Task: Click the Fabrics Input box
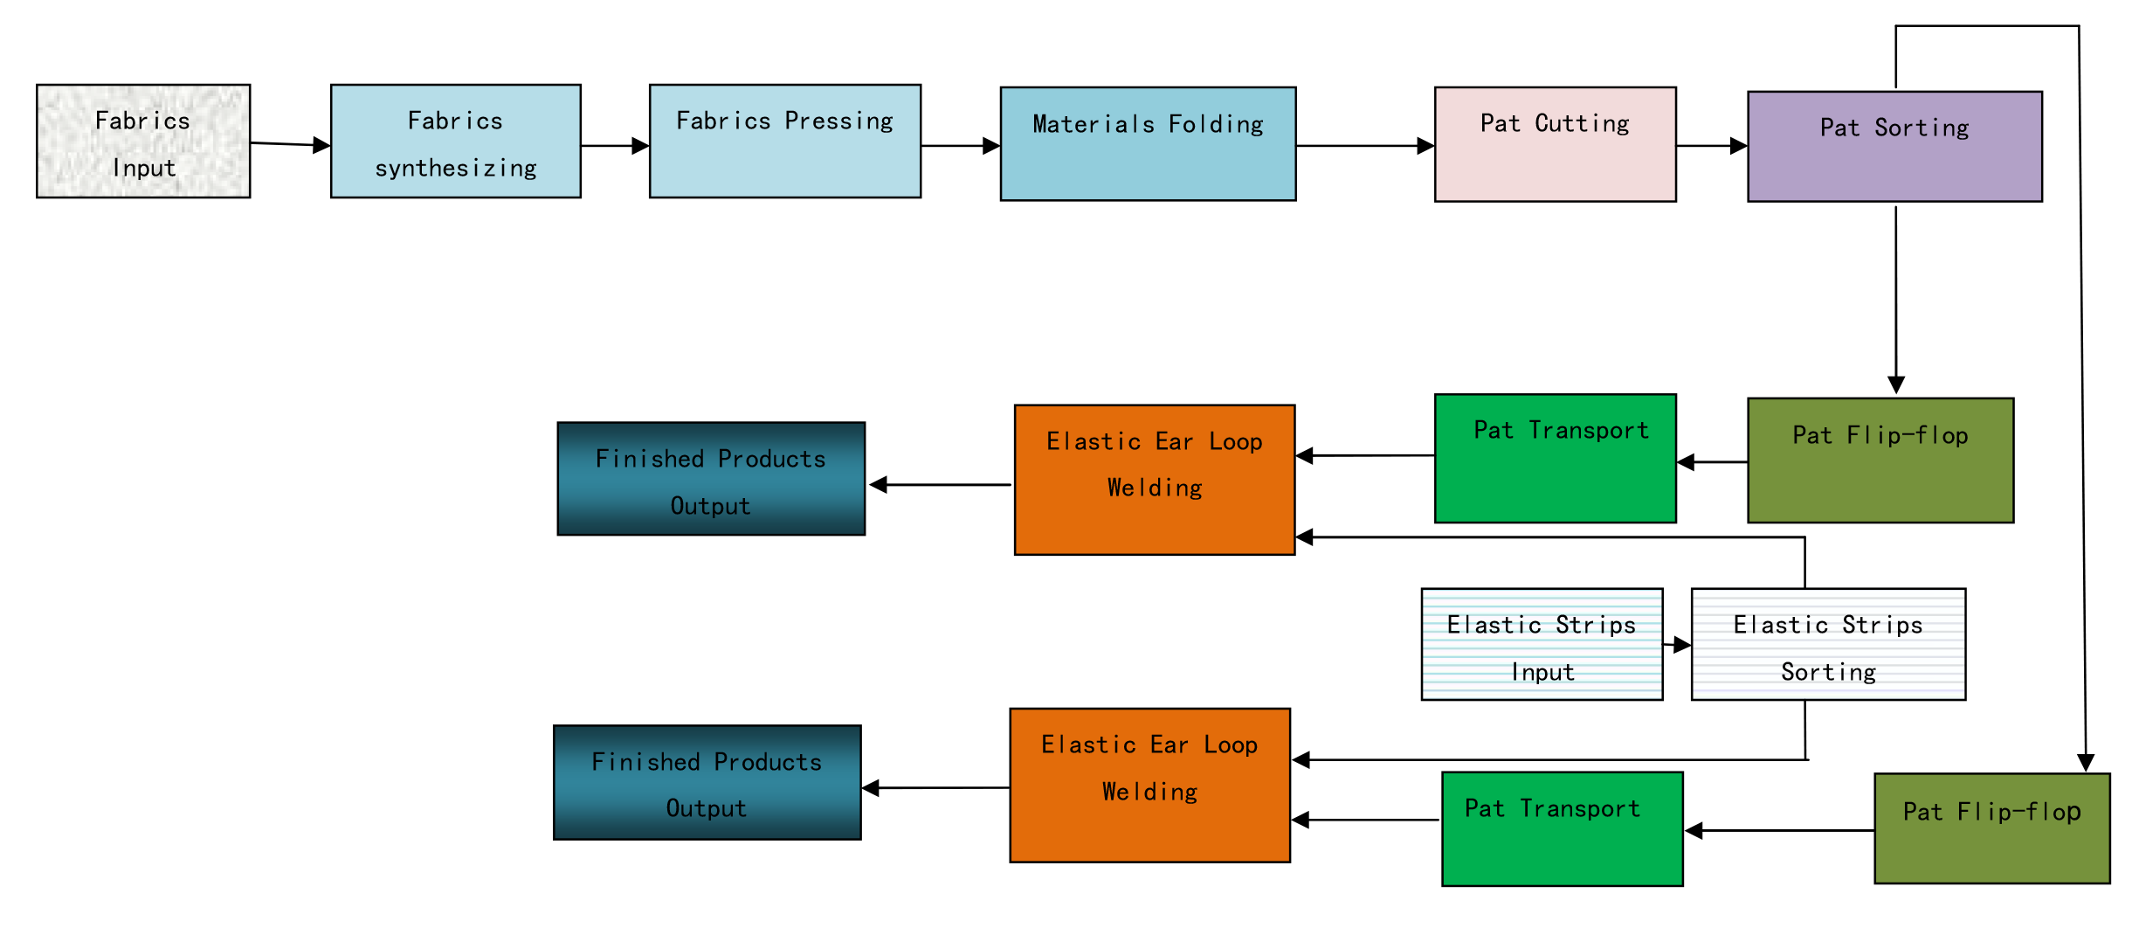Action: [x=142, y=142]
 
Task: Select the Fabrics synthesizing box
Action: [x=455, y=142]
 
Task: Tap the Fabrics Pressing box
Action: [x=784, y=142]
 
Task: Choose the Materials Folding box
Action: [x=1147, y=144]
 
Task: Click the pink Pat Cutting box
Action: [x=1555, y=144]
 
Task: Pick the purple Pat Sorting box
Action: [x=1894, y=147]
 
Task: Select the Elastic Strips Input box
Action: [x=1542, y=645]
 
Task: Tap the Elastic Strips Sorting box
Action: [x=1828, y=645]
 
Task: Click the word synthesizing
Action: [x=455, y=168]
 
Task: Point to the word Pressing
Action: [x=838, y=121]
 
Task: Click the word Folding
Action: [x=1216, y=125]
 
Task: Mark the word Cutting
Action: [x=1582, y=123]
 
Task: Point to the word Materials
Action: [x=1093, y=125]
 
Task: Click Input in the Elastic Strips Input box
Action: [x=1542, y=672]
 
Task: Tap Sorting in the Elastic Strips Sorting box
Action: [x=1828, y=672]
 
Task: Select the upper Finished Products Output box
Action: [x=710, y=479]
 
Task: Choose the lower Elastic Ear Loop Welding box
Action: [x=1149, y=785]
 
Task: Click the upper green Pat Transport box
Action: [x=1555, y=459]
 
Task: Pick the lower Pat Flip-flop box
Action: [x=1992, y=828]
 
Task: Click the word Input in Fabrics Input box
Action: [x=144, y=168]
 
